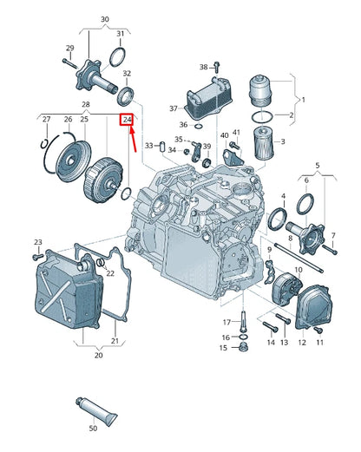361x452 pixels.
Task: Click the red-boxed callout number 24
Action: point(127,119)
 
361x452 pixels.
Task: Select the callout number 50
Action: point(93,429)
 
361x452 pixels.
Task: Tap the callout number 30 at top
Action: point(105,18)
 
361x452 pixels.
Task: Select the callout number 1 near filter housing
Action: point(303,99)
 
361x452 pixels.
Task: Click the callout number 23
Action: point(37,242)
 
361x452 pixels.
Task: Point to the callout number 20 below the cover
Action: point(98,354)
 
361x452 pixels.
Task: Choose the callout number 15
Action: point(222,348)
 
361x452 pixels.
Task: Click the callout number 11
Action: point(319,343)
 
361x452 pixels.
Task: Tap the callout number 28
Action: point(86,104)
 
